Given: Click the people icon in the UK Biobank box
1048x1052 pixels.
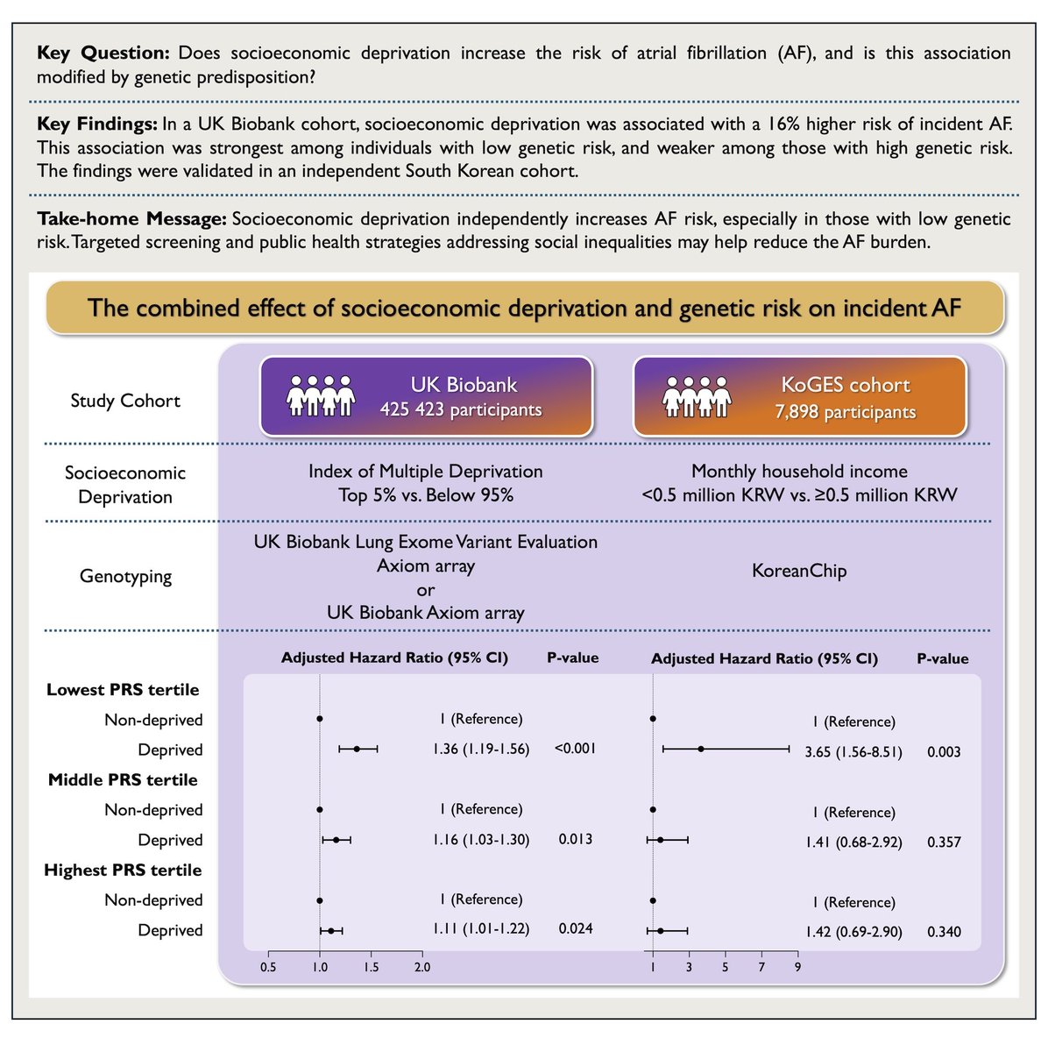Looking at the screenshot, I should pos(321,395).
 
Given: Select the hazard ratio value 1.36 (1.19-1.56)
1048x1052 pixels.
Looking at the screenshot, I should pos(481,750).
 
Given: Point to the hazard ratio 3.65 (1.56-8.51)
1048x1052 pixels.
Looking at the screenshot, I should pos(853,752).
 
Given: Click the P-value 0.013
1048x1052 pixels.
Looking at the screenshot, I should pos(576,839).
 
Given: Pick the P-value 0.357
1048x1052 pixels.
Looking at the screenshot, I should pos(944,842).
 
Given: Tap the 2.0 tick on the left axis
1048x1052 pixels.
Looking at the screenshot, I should pos(422,968).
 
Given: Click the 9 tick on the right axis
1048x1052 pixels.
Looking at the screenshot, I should pos(797,968).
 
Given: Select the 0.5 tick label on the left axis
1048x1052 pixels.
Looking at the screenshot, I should pos(268,968).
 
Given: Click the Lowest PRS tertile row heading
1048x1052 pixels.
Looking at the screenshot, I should pos(123,690).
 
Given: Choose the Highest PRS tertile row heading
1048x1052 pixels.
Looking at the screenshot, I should pos(123,871).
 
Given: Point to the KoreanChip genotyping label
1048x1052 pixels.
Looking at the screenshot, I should pos(799,572).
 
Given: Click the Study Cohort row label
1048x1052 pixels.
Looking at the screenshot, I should pos(125,401).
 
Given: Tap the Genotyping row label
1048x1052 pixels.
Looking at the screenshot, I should pos(125,577).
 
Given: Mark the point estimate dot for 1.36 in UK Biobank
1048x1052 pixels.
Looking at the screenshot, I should pos(357,750).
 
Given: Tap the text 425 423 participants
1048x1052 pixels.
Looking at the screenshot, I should pos(461,409).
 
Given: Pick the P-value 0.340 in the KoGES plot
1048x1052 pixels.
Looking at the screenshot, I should pos(944,932).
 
